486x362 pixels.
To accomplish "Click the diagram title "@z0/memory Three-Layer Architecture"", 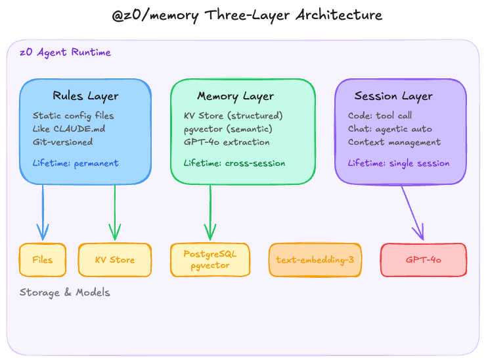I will [242, 14].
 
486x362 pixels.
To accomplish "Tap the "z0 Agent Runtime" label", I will [65, 53].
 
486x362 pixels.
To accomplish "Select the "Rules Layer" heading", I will [85, 96].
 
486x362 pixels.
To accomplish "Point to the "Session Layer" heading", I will [393, 96].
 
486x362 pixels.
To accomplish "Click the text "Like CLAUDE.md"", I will [69, 128].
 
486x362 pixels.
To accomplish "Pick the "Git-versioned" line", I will [63, 142].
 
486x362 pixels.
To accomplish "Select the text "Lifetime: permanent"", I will [76, 163].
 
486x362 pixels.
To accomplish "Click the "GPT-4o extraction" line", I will [227, 142].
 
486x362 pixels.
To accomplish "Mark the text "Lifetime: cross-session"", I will [234, 163].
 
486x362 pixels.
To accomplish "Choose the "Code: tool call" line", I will [380, 116].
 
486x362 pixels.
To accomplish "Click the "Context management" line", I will [395, 142].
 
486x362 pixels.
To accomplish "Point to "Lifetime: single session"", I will [399, 163].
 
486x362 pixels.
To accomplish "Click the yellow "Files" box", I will [43, 260].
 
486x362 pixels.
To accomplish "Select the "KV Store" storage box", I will [115, 260].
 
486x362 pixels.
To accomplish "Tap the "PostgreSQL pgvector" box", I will [210, 260].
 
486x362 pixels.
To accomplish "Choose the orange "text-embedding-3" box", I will [315, 260].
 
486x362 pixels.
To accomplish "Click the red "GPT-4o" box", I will [424, 260].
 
